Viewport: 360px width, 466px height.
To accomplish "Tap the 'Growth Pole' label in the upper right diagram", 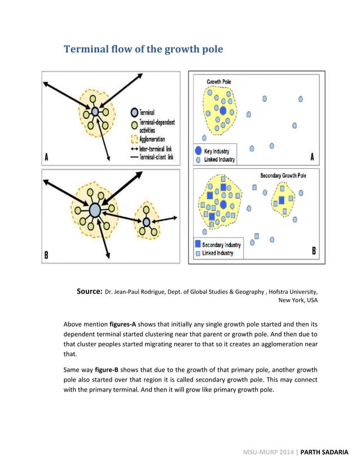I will pyautogui.click(x=218, y=82).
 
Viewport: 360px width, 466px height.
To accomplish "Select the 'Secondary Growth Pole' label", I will pyautogui.click(x=283, y=175).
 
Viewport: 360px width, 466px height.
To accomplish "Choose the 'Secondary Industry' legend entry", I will pyautogui.click(x=221, y=245).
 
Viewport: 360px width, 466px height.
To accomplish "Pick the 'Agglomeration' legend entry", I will pyautogui.click(x=154, y=139).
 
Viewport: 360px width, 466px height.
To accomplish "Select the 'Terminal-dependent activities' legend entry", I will pyautogui.click(x=156, y=126).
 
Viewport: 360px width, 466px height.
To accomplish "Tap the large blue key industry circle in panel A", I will pyautogui.click(x=223, y=111).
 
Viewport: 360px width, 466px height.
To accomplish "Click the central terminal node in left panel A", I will pyautogui.click(x=95, y=112).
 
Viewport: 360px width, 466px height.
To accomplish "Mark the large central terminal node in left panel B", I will pyautogui.click(x=95, y=210).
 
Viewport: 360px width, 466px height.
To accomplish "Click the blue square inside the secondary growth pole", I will pyautogui.click(x=282, y=200).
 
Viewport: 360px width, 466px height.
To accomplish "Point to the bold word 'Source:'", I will pyautogui.click(x=89, y=292).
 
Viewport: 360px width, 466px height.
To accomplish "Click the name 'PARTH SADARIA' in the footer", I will pyautogui.click(x=324, y=452).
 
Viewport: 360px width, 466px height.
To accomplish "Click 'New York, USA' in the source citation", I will pyautogui.click(x=298, y=301).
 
